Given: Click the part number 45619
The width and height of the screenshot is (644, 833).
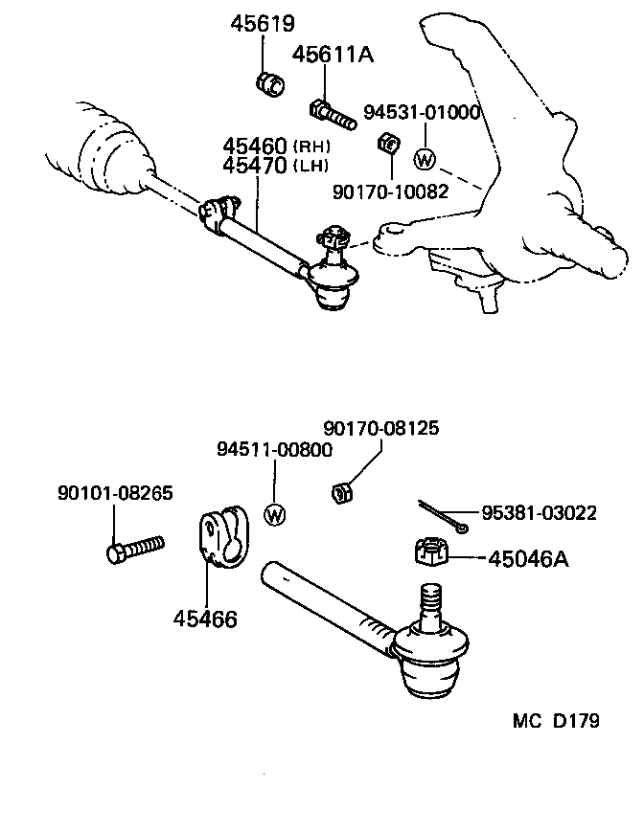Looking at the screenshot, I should click(262, 23).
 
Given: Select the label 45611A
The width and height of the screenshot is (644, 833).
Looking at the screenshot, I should click(333, 55).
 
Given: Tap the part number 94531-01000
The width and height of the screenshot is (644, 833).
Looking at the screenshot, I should click(421, 112).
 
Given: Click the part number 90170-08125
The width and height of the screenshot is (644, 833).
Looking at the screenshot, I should click(380, 429).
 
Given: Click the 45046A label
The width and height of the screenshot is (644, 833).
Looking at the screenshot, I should click(528, 558).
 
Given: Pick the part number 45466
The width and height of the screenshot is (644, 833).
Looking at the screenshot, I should click(205, 619).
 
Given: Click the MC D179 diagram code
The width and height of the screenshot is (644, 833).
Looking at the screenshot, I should click(555, 720).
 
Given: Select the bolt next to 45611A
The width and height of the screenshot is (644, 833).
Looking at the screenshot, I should click(332, 115).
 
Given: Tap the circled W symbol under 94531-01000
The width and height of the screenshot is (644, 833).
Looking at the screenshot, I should click(424, 158).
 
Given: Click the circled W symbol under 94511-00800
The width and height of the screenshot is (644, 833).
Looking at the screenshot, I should click(274, 515).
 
